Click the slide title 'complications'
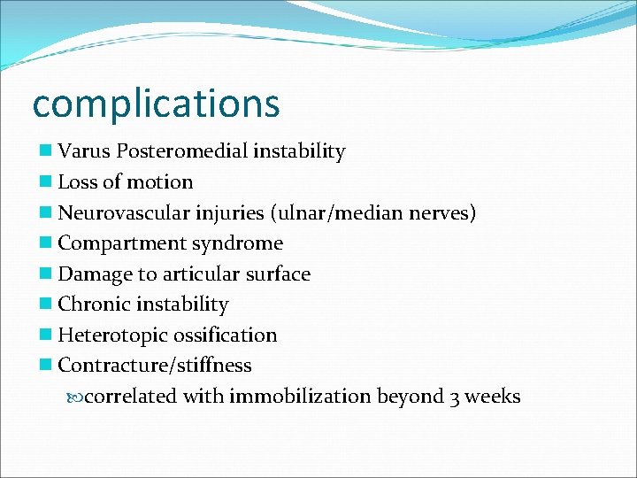pos(156,104)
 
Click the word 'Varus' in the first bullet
pos(81,151)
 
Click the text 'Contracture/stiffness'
pos(155,366)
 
